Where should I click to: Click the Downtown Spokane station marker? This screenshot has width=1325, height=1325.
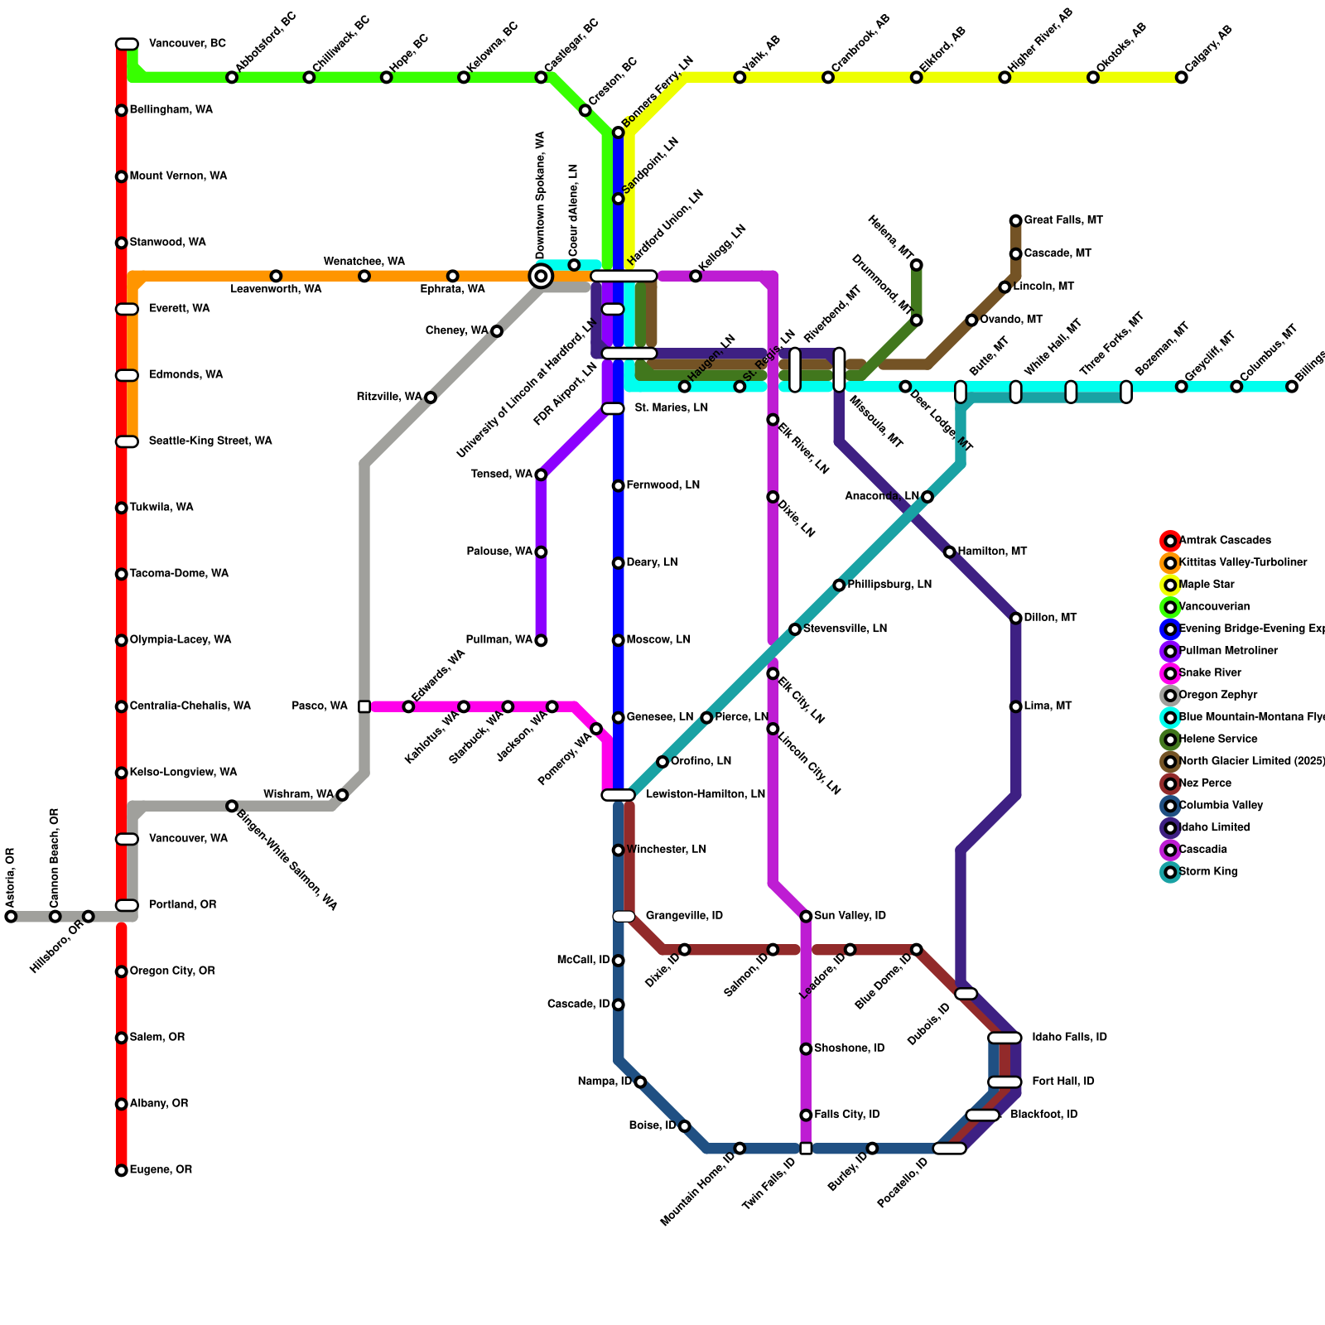[x=541, y=276]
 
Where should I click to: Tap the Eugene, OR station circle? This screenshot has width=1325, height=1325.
[x=122, y=1170]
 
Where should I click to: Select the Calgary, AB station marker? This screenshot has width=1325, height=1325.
[x=1182, y=78]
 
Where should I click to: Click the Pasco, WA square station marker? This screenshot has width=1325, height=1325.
[x=364, y=706]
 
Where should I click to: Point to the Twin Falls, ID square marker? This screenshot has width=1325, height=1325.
[x=806, y=1148]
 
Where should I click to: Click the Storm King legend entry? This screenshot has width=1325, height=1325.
[x=1207, y=872]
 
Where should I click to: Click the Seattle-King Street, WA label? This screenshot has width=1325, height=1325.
[x=210, y=441]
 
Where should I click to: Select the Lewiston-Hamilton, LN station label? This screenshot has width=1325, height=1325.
[x=706, y=795]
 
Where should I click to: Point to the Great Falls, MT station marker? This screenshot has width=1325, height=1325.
[x=1016, y=220]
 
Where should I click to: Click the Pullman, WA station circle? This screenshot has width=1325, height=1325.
[x=541, y=640]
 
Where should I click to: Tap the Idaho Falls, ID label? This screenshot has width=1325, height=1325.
[x=1069, y=1038]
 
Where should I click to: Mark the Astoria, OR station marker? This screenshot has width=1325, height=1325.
[x=11, y=916]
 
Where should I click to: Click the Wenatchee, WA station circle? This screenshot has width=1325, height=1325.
[x=364, y=276]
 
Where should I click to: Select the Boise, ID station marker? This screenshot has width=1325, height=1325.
[x=684, y=1126]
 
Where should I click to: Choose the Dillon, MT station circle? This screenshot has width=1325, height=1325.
[x=1016, y=619]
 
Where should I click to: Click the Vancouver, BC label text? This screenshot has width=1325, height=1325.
[x=187, y=44]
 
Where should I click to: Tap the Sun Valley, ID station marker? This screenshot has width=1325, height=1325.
[x=806, y=916]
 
